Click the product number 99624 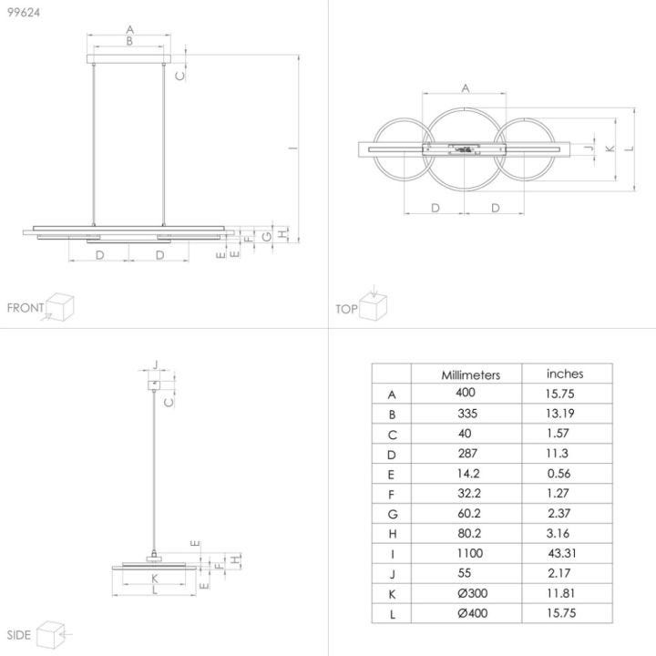(24, 13)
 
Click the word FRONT (26, 308)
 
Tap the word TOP (346, 309)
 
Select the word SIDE (19, 635)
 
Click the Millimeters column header (471, 374)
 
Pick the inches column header (565, 374)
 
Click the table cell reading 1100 (470, 553)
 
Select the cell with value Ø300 (472, 593)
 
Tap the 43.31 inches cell (562, 553)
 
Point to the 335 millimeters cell (467, 414)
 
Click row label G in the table (393, 514)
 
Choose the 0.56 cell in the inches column (559, 474)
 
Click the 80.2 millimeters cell (469, 533)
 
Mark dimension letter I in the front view (293, 148)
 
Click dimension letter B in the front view (129, 41)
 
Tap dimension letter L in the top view (630, 149)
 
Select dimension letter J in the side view (155, 364)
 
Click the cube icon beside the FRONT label (59, 307)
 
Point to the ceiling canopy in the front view (128, 59)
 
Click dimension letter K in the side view (155, 579)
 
